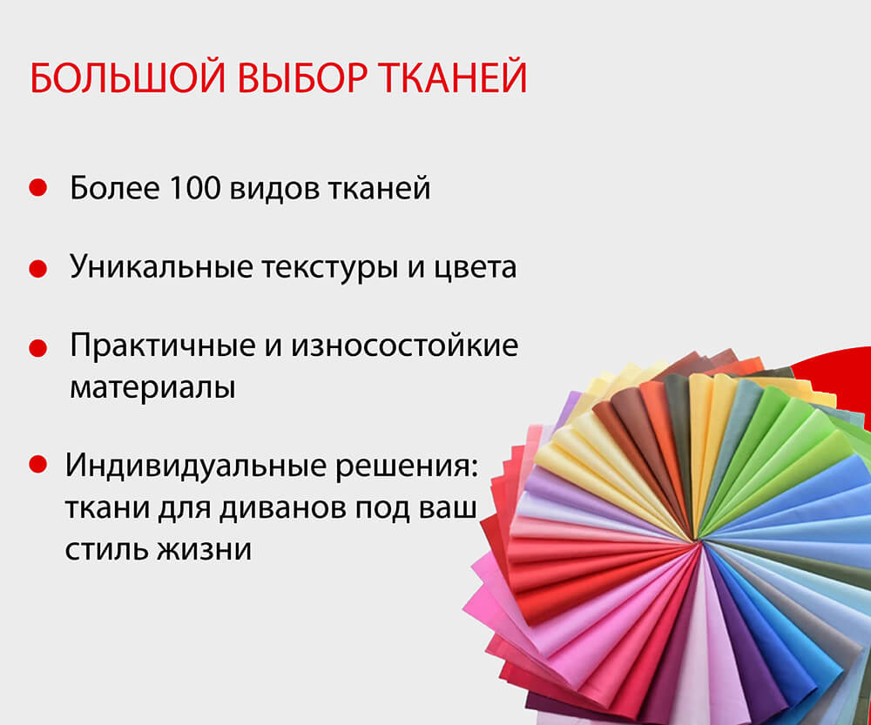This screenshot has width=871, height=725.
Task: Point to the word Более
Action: coord(114,188)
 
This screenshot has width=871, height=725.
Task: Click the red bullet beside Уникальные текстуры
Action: coord(37,268)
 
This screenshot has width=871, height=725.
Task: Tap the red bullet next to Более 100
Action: coord(37,187)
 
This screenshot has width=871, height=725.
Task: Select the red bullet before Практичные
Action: coord(37,348)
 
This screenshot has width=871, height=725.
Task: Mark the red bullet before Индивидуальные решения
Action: coord(37,464)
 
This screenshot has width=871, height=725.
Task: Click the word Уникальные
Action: coord(162,267)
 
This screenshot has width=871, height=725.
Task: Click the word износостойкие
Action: coord(404,346)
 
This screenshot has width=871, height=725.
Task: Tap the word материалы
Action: coord(152,388)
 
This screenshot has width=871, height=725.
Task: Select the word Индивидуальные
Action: coord(195,465)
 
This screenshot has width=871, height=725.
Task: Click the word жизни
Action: coord(205,549)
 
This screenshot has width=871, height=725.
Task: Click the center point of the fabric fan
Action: coord(698,541)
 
